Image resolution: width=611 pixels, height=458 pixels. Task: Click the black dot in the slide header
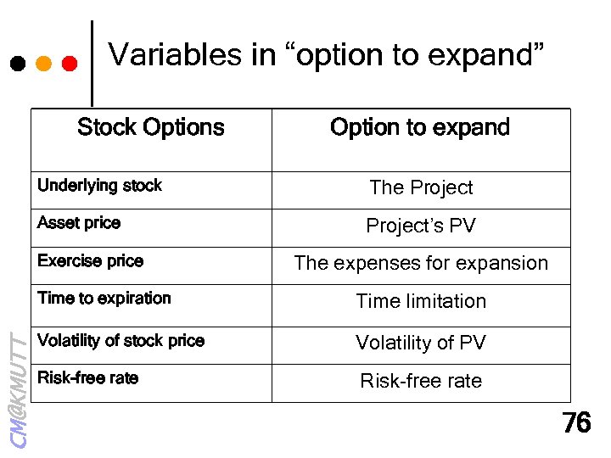point(17,63)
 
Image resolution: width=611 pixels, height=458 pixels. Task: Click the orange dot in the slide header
point(44,63)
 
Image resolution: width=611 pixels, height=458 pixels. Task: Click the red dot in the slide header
point(70,63)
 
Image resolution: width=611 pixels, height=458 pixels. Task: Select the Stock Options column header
point(151,128)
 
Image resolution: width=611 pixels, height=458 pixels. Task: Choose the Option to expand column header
point(420,128)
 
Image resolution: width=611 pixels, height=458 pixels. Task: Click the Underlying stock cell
point(99,186)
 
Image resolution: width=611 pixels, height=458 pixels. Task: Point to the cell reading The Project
point(421,187)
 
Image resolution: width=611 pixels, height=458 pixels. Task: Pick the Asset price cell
point(79,223)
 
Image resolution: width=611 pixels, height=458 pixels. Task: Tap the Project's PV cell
point(421,226)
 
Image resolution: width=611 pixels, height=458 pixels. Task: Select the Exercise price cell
point(90,261)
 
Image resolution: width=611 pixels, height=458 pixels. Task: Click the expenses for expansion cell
point(421,263)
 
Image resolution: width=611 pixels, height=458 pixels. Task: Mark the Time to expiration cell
point(104,299)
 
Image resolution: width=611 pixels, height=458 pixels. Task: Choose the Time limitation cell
point(421,301)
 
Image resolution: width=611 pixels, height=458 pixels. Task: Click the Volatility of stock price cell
point(121,341)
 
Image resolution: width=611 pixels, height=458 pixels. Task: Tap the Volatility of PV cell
point(421,343)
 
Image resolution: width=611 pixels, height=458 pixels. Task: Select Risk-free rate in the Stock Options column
point(87,378)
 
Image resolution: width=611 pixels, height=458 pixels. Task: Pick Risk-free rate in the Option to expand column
point(421,381)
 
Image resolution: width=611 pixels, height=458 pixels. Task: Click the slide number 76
point(576,423)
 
